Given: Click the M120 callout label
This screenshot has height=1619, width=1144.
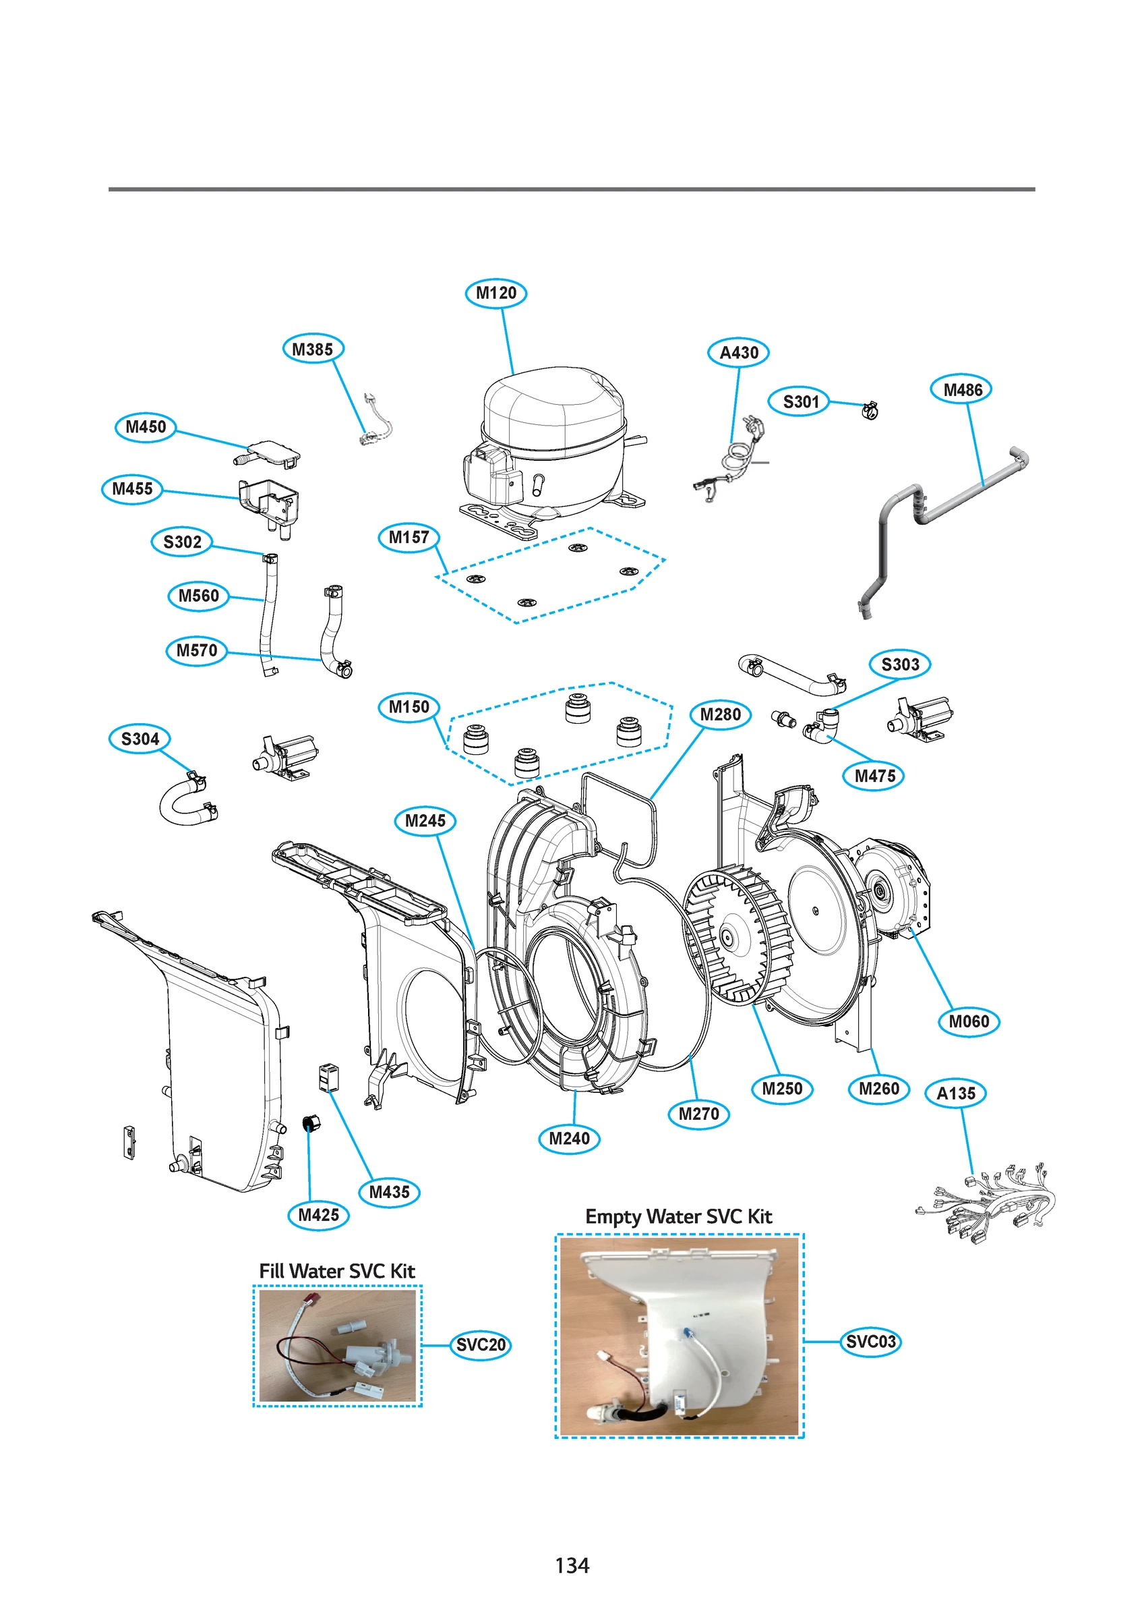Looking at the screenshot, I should pos(495,293).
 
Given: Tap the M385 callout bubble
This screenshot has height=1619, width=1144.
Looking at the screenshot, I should pos(312,349).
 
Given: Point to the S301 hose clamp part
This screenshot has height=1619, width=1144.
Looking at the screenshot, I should pos(870,409).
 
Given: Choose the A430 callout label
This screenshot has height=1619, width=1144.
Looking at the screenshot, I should pos(738,353).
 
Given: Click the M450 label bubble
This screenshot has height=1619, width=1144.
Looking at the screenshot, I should pos(145,427).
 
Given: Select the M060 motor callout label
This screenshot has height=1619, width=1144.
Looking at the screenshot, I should pos(969,1022).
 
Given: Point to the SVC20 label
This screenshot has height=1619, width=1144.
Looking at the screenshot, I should pos(481,1345).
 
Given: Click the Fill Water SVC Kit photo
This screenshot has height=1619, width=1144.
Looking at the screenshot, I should pos(337,1345).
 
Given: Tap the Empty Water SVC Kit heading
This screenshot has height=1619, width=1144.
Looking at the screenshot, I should pos(678,1217).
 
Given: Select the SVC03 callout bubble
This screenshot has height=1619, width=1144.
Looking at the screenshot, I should pos(870,1342).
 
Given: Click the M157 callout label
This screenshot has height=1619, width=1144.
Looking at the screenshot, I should pos(408,538).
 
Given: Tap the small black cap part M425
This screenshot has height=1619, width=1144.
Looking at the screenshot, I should pos(310,1123).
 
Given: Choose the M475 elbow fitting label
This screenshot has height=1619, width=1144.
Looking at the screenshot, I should pos(874,776).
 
